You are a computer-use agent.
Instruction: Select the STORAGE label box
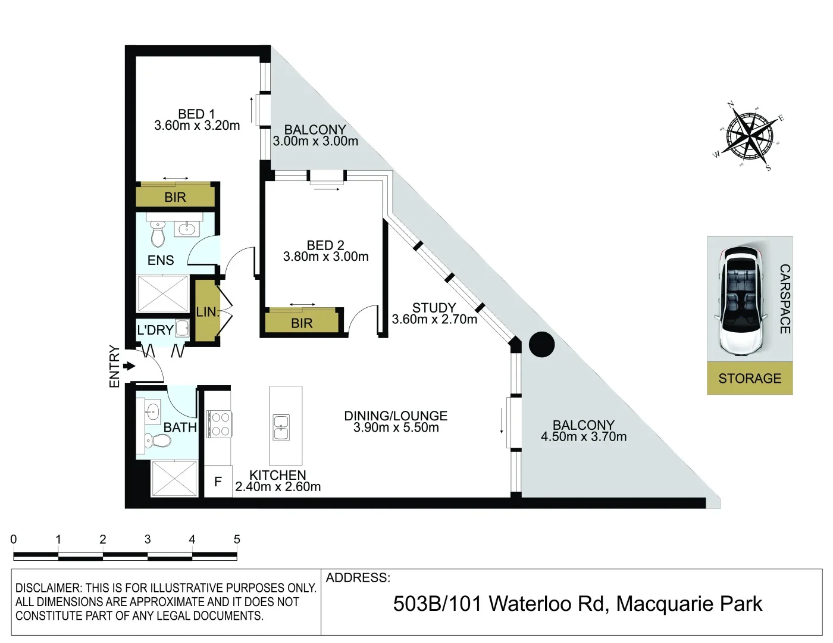(750, 379)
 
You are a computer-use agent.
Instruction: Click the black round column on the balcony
(541, 344)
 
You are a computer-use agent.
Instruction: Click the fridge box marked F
(218, 482)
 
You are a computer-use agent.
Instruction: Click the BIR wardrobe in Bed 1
(175, 196)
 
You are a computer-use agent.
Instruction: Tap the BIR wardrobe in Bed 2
(302, 323)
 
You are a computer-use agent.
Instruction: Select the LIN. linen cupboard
(206, 311)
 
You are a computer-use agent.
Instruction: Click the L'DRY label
(155, 330)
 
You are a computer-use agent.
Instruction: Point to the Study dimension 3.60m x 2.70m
(434, 320)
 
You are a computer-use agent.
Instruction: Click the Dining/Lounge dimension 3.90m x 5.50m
(396, 427)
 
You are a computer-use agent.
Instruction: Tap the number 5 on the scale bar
(237, 539)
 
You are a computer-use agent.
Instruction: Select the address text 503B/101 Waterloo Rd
(500, 604)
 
